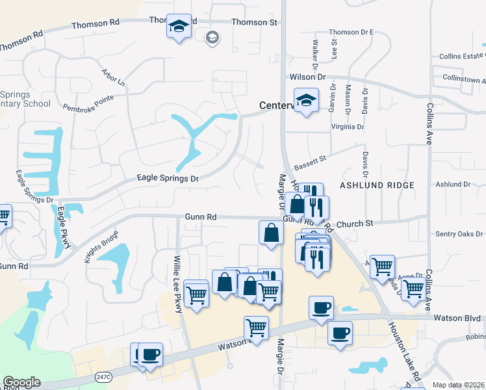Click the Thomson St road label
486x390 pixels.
[255, 22]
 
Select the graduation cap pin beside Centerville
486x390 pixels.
[306, 101]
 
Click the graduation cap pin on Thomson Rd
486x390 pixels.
[179, 27]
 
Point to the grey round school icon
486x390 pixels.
[211, 38]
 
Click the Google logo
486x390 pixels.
[21, 382]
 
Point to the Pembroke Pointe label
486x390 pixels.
[88, 102]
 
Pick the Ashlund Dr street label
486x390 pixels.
[453, 185]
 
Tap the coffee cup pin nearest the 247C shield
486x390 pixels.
[151, 355]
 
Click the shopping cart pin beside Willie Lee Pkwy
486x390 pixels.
[196, 294]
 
